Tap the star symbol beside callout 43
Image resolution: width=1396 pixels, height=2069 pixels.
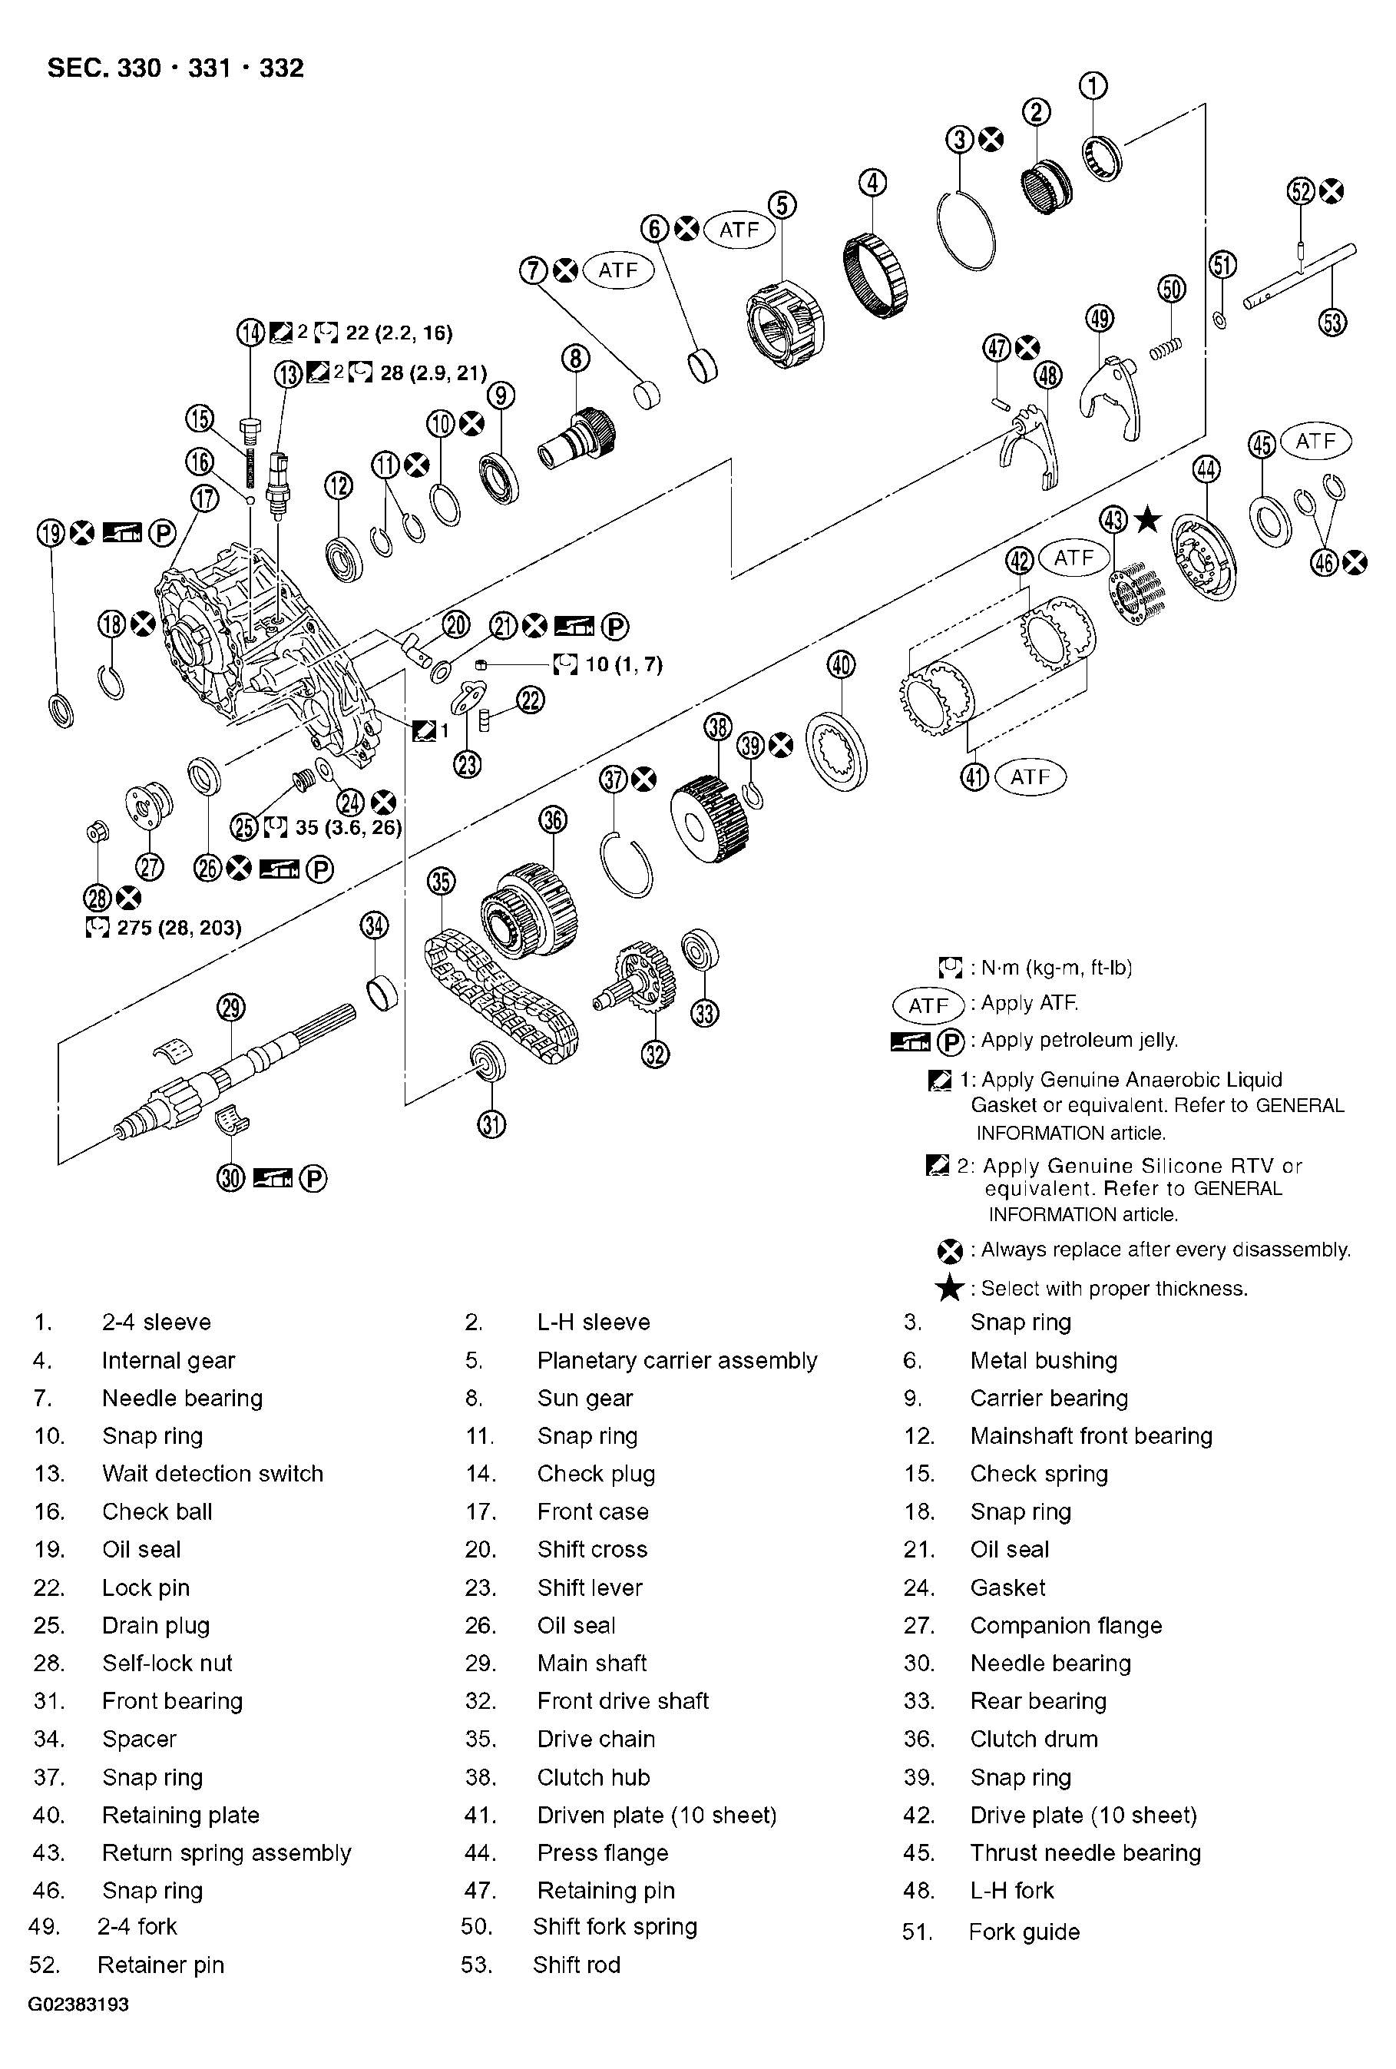click(x=1149, y=518)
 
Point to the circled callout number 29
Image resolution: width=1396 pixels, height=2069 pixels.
click(x=230, y=1008)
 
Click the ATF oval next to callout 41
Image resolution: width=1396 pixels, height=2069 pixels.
click(x=1029, y=777)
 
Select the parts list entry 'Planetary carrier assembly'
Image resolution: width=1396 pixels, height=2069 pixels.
click(x=676, y=1360)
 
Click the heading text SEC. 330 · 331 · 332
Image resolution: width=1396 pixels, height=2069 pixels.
click(x=175, y=68)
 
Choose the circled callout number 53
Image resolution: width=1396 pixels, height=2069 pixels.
click(x=1332, y=321)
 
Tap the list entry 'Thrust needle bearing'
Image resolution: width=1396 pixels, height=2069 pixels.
click(x=1084, y=1852)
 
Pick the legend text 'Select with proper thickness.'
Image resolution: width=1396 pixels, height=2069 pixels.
click(x=1113, y=1288)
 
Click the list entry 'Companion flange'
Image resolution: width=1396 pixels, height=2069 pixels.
click(x=1066, y=1626)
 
